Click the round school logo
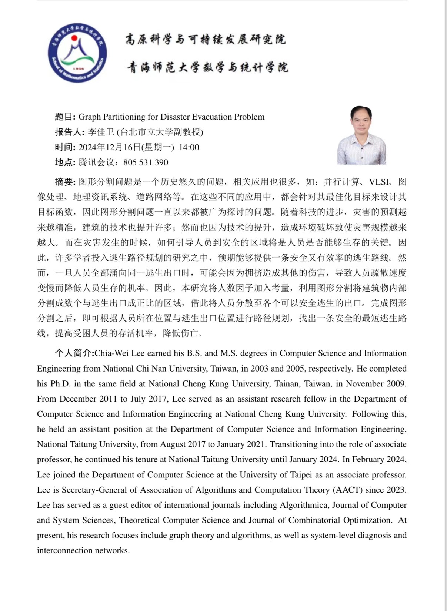click(77, 53)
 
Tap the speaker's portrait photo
click(361, 135)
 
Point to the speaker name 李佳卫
click(101, 132)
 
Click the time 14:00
click(189, 147)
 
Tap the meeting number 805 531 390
click(146, 162)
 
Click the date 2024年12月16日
click(110, 147)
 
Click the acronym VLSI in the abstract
click(378, 182)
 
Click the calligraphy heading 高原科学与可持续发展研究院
click(206, 39)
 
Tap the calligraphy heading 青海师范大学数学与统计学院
click(207, 67)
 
